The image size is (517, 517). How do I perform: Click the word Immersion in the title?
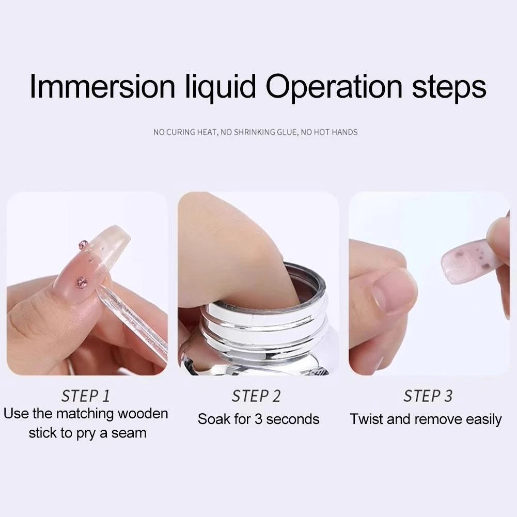102,86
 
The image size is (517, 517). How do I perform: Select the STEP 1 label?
86,396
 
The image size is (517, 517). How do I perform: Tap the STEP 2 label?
256,396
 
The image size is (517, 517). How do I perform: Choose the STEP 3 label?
428,396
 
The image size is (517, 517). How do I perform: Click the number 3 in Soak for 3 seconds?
258,419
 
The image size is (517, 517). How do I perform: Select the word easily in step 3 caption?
484,420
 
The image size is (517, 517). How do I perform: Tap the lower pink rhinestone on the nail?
81,282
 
